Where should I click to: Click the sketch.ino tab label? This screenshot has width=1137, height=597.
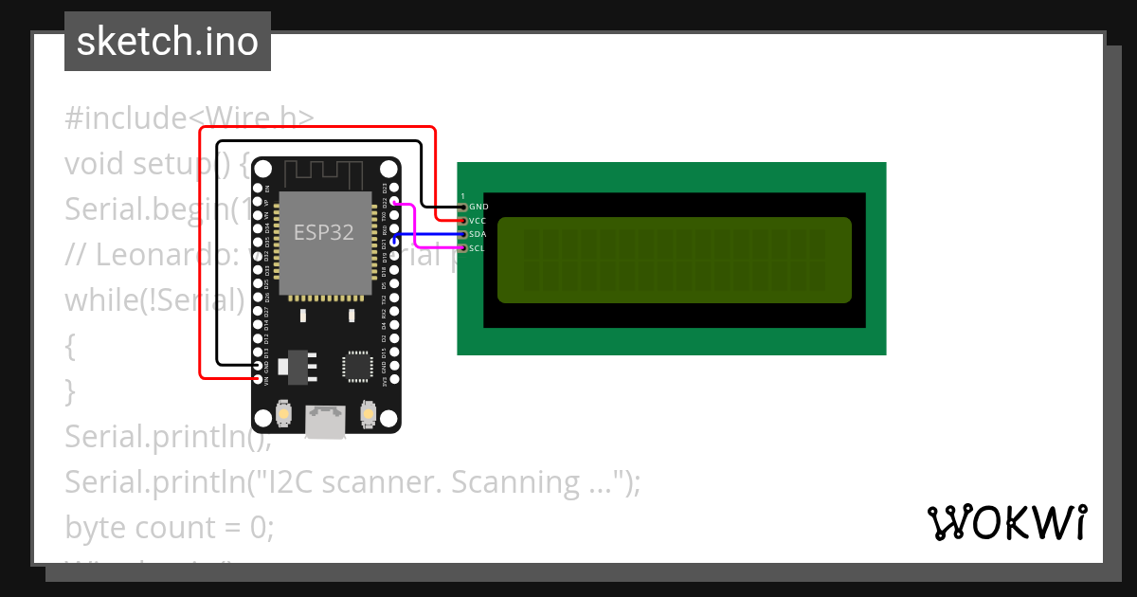pos(168,42)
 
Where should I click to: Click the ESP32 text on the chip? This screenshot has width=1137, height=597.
pos(324,232)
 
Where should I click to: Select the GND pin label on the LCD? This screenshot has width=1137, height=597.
pos(478,207)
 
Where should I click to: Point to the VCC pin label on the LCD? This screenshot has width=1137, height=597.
pos(478,221)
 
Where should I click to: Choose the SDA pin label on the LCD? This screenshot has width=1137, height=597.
pos(478,234)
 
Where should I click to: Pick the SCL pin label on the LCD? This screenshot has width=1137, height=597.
pos(478,248)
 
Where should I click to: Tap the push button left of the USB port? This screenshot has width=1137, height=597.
pos(283,414)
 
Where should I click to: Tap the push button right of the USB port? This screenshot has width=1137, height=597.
pos(367,414)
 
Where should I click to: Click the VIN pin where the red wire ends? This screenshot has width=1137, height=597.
pos(258,378)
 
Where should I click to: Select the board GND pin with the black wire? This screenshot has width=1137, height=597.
pos(258,365)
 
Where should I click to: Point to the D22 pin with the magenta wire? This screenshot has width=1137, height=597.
pos(393,203)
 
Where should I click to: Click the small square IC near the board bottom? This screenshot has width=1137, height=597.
pos(357,366)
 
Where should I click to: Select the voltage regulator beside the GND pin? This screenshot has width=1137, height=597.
pos(296,365)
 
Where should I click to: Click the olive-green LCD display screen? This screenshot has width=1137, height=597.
pos(674,260)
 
